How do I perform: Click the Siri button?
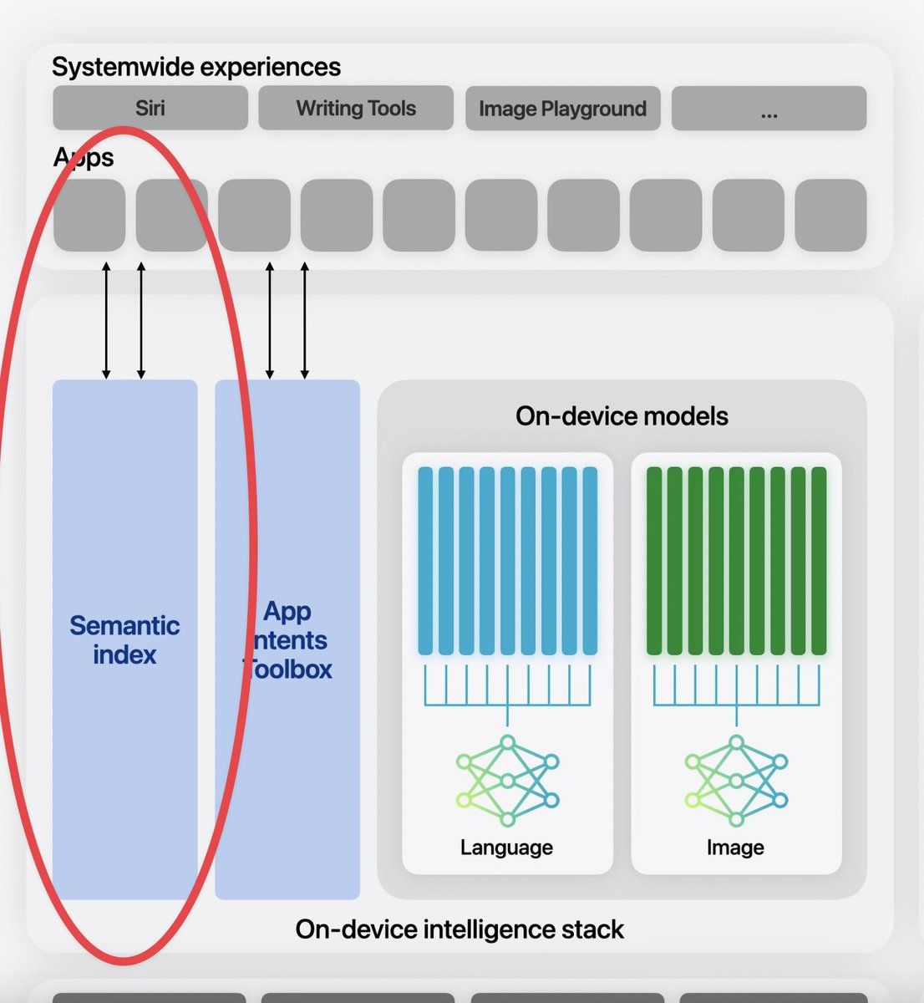tap(150, 108)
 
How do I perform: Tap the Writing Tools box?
tap(356, 108)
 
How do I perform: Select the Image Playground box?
tap(563, 109)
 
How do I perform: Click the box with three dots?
tap(769, 109)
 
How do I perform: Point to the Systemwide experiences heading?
tap(196, 68)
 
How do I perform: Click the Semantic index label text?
tap(124, 640)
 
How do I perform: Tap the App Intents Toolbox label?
tap(287, 640)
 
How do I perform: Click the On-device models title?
tap(622, 416)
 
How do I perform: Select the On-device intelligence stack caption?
tap(459, 929)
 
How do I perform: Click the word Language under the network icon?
tap(506, 848)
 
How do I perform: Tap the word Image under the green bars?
tap(735, 848)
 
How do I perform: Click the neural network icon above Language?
tap(507, 781)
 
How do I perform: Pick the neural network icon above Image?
tap(736, 781)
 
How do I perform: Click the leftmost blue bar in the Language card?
tap(425, 561)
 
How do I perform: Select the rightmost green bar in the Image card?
tap(819, 561)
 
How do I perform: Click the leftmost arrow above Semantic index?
tap(106, 320)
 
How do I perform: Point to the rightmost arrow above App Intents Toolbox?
tap(304, 320)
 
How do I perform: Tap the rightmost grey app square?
tap(830, 215)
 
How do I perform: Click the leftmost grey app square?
tap(89, 215)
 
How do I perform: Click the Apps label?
tap(84, 158)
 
